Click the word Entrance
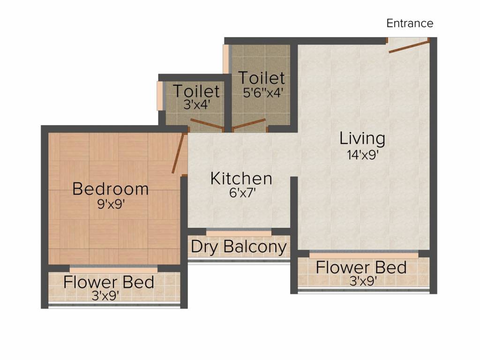410,23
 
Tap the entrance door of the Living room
408,47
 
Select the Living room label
362,139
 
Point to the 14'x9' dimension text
362,155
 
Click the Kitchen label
241,179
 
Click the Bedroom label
111,189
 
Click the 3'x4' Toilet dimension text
196,104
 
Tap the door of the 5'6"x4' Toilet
248,124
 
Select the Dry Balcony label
239,247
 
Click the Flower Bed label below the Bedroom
109,282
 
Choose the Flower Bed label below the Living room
361,268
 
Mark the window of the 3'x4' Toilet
160,96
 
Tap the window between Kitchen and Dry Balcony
239,233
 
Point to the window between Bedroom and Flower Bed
113,270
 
